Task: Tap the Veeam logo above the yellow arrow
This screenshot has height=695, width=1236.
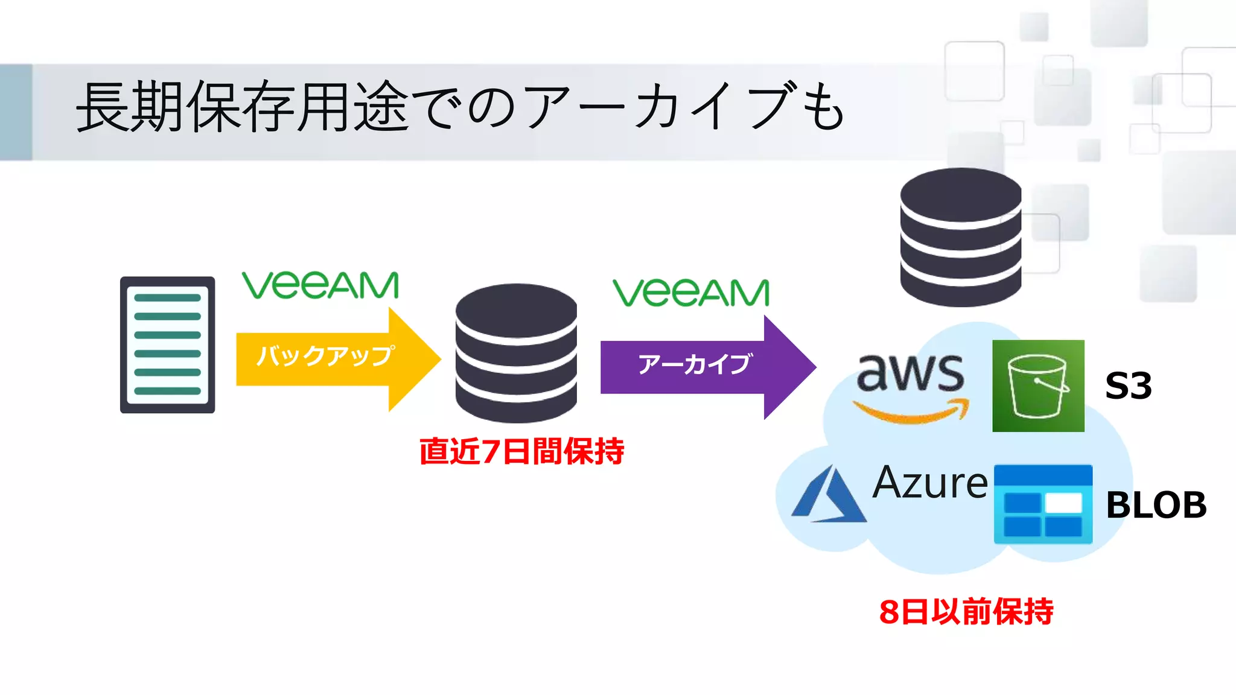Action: click(x=320, y=285)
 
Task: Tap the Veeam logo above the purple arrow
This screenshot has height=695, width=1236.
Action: click(x=691, y=293)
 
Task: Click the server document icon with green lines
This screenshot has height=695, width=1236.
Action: click(x=167, y=345)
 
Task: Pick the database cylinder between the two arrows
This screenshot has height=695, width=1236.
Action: click(x=516, y=353)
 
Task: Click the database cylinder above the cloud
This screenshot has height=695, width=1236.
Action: click(x=960, y=237)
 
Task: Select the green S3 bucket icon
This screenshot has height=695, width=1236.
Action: click(x=1038, y=386)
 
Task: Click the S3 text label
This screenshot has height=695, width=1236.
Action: click(x=1128, y=386)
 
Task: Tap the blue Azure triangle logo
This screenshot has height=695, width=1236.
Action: click(x=828, y=495)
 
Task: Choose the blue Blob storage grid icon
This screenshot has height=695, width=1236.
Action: click(x=1043, y=504)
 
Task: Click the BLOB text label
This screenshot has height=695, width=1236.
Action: click(x=1156, y=506)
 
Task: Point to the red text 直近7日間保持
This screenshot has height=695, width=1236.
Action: click(x=521, y=452)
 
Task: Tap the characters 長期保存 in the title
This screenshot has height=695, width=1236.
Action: click(x=187, y=107)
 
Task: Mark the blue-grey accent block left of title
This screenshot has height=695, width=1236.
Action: click(x=16, y=112)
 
